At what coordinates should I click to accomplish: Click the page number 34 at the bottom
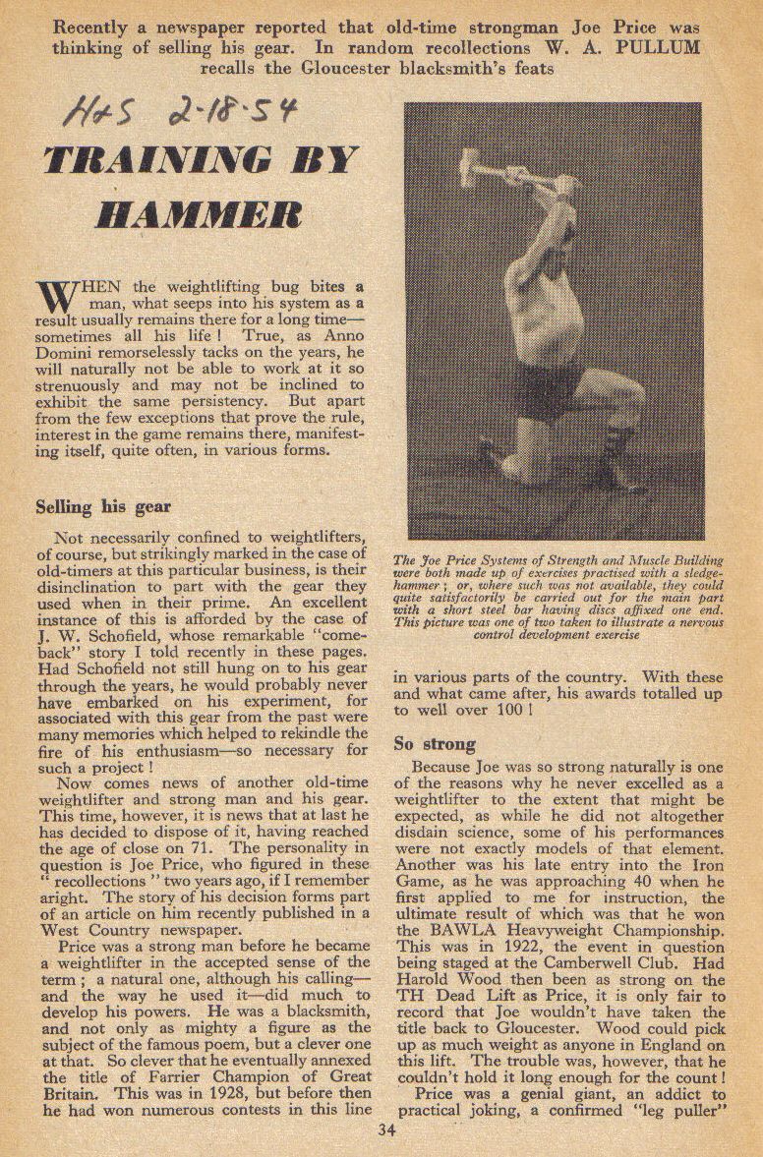386,1129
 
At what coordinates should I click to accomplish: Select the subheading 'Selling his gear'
103,508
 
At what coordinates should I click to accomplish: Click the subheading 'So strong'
435,743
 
